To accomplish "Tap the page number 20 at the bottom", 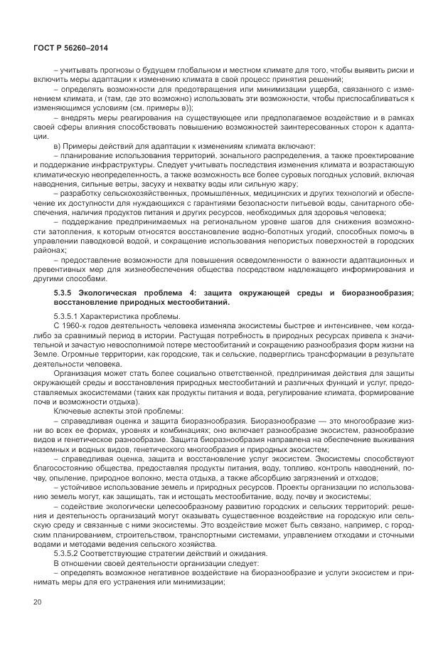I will point(38,605).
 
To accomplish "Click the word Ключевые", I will point(73,411).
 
